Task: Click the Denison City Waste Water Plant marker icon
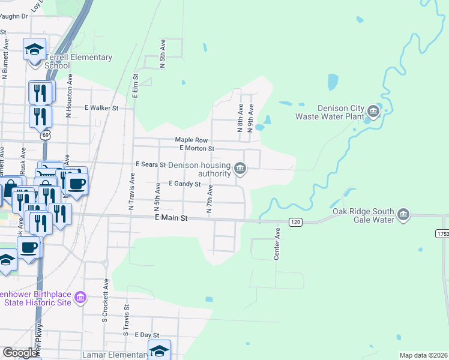point(374,110)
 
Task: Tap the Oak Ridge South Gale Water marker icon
point(403,214)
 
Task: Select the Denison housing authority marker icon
point(240,168)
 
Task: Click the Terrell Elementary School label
point(86,61)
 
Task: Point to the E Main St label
point(167,220)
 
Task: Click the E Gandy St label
point(184,184)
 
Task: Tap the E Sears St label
point(150,164)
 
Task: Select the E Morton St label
point(196,148)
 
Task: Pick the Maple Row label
point(191,140)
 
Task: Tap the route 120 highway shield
point(295,222)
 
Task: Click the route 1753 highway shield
point(442,233)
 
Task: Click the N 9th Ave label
point(251,118)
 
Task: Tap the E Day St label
point(146,335)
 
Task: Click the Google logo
point(20,353)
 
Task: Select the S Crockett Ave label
point(106,294)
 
